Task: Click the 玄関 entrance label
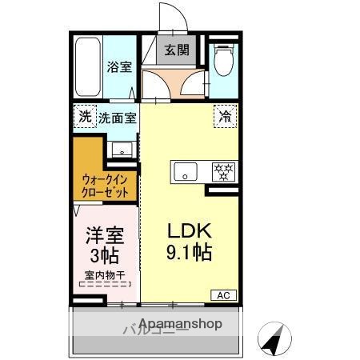177,50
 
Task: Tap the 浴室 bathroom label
120,67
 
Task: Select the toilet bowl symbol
223,60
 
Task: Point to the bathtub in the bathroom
87,67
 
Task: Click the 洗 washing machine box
85,117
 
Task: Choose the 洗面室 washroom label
117,118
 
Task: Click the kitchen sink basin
186,170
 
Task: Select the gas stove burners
222,170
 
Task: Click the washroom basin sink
122,150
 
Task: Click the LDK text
189,230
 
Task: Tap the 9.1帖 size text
189,254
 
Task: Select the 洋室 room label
103,237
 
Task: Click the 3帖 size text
103,258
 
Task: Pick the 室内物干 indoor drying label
103,276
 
